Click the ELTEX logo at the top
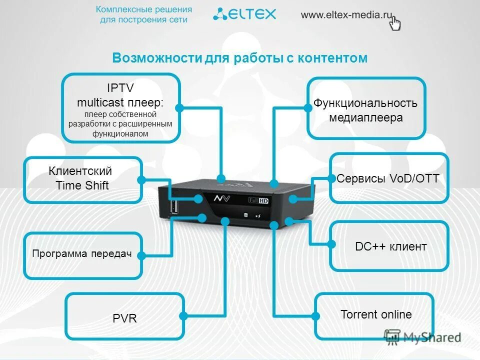pos(244,14)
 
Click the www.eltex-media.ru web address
pos(345,14)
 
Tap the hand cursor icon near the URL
pos(395,23)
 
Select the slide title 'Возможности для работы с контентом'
pos(239,58)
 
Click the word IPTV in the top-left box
pos(120,88)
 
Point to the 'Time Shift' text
pos(82,186)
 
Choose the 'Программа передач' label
pos(81,254)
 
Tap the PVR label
pos(125,318)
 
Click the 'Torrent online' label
pos(376,315)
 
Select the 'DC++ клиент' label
pos(391,246)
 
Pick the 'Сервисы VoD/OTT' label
pos(388,178)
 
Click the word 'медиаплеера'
pos(365,118)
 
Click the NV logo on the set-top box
pos(223,198)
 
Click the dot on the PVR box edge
pos(183,316)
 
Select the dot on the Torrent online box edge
pos(315,316)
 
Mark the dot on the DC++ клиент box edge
pos(331,244)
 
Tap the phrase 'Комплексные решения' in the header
pos(143,9)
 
